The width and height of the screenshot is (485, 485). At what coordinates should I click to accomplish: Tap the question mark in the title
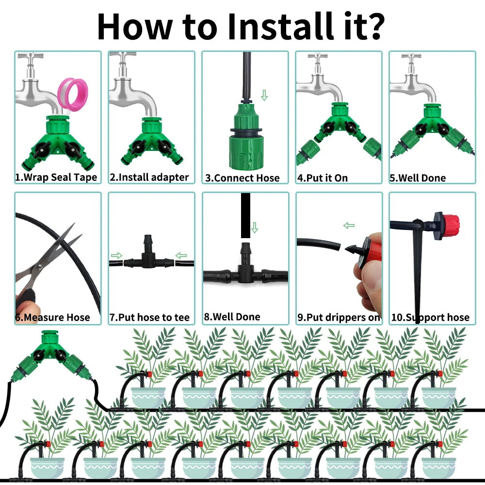[x=373, y=26]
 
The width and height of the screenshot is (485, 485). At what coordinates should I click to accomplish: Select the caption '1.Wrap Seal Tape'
[x=56, y=177]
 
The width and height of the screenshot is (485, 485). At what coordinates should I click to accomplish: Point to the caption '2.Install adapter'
[x=149, y=177]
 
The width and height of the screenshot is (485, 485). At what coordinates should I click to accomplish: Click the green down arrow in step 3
[x=264, y=95]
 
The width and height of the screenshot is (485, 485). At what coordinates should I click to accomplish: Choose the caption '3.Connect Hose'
[x=242, y=178]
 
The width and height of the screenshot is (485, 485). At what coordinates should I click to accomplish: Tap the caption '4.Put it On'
[x=323, y=178]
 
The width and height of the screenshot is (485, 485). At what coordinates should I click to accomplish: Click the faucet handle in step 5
[x=411, y=57]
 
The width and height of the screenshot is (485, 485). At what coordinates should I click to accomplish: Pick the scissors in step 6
[x=47, y=260]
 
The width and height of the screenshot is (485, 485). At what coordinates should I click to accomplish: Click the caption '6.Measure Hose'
[x=52, y=317]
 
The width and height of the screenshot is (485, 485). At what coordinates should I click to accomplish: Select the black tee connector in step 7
[x=148, y=254]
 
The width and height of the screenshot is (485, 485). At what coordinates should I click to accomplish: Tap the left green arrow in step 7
[x=116, y=256]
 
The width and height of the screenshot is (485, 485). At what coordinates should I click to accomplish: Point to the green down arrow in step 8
[x=255, y=227]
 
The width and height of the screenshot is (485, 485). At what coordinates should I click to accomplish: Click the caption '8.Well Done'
[x=232, y=317]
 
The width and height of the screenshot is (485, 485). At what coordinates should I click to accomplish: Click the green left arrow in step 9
[x=349, y=226]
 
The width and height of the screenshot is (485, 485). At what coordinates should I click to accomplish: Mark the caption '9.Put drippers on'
[x=339, y=317]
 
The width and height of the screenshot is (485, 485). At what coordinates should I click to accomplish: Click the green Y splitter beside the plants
[x=51, y=355]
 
